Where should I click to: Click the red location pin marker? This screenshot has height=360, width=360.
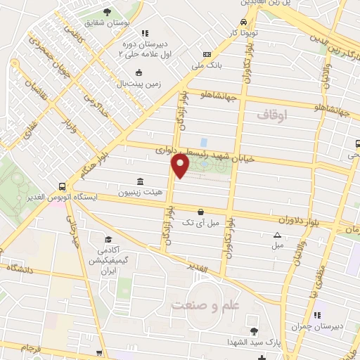pos(181,167)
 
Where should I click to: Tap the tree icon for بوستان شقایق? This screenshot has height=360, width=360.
pos(107,12)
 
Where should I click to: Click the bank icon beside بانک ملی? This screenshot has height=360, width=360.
pos(206,55)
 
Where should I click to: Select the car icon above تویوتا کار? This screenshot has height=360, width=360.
pos(243,22)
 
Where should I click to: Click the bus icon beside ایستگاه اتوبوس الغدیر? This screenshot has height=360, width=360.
pos(63,186)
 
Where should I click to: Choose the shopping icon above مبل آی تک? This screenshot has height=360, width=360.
pos(201,211)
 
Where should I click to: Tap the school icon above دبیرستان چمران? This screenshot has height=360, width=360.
pos(316,314)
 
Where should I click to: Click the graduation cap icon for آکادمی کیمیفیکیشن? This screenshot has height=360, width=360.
pos(108,239)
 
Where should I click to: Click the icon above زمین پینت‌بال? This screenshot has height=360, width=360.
pos(139,72)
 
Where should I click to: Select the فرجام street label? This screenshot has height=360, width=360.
pos(31,349)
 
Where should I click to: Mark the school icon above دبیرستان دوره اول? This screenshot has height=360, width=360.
pos(144,32)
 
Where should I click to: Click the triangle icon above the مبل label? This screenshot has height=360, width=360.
pos(277,235)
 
